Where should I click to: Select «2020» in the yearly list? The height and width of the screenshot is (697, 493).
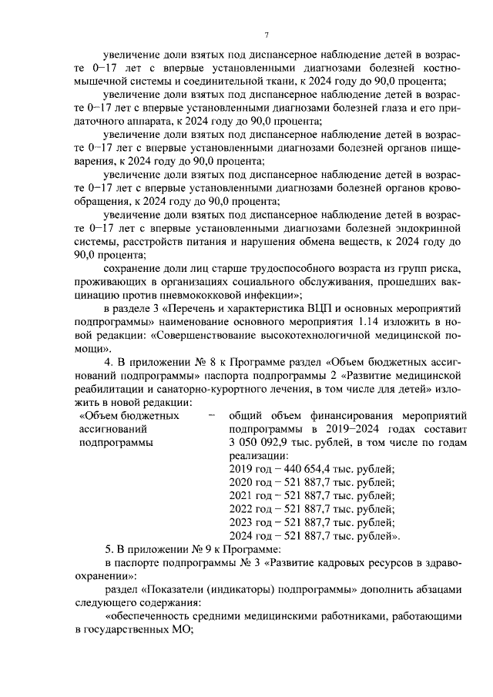click(242, 482)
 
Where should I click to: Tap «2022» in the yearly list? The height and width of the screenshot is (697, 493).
click(242, 509)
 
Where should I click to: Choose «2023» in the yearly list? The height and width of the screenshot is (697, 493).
click(242, 522)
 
